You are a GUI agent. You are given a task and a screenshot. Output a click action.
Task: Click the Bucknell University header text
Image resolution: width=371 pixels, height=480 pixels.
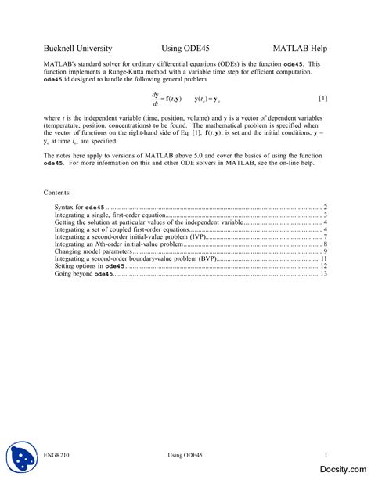[78, 48]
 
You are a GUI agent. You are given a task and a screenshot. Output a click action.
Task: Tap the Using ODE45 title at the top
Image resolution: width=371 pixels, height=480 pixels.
[185, 48]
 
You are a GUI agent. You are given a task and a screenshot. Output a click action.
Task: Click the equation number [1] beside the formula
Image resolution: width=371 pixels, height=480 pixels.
[322, 98]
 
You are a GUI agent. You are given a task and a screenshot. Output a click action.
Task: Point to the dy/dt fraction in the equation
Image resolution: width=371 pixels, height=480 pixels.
[155, 99]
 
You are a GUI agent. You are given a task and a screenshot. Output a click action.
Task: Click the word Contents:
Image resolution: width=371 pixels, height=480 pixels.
[58, 192]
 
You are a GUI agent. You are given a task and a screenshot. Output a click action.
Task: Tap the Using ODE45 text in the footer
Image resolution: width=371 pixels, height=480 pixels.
[185, 455]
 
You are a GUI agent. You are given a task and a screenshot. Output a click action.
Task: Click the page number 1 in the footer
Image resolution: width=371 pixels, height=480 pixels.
[325, 455]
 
